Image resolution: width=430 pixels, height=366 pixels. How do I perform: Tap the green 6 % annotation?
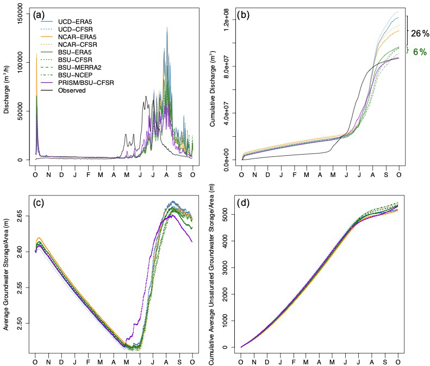coord(419,52)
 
